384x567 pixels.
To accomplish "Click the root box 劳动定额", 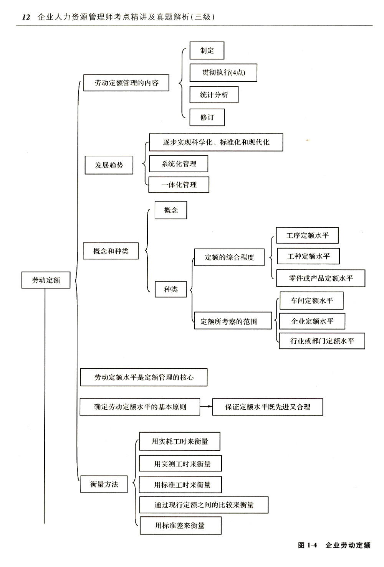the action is [46, 280].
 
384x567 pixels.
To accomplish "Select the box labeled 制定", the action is [207, 51].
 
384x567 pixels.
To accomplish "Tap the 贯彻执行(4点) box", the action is [223, 73].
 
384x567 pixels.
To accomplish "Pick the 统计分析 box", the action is [214, 95].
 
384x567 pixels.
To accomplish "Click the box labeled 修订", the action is [207, 117].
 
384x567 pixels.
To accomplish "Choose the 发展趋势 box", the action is [109, 165].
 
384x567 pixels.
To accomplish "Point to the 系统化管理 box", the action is [179, 164].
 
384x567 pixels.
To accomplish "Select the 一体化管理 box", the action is [179, 185].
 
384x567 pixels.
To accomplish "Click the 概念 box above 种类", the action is [171, 210].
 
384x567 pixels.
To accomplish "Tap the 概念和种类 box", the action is [111, 251].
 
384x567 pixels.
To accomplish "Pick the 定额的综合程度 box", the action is [229, 257].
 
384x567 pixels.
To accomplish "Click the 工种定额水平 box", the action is [308, 256].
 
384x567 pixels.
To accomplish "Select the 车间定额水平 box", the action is [311, 300].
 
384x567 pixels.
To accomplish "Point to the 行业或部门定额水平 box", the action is [322, 341].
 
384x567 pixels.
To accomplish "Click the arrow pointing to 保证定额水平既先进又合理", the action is [206, 407].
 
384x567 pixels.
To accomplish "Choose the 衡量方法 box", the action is [104, 484].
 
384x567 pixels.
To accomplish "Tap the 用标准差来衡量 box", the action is [180, 526].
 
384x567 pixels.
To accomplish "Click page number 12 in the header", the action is [26, 17].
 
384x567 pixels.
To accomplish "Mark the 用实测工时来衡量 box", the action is [180, 463].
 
